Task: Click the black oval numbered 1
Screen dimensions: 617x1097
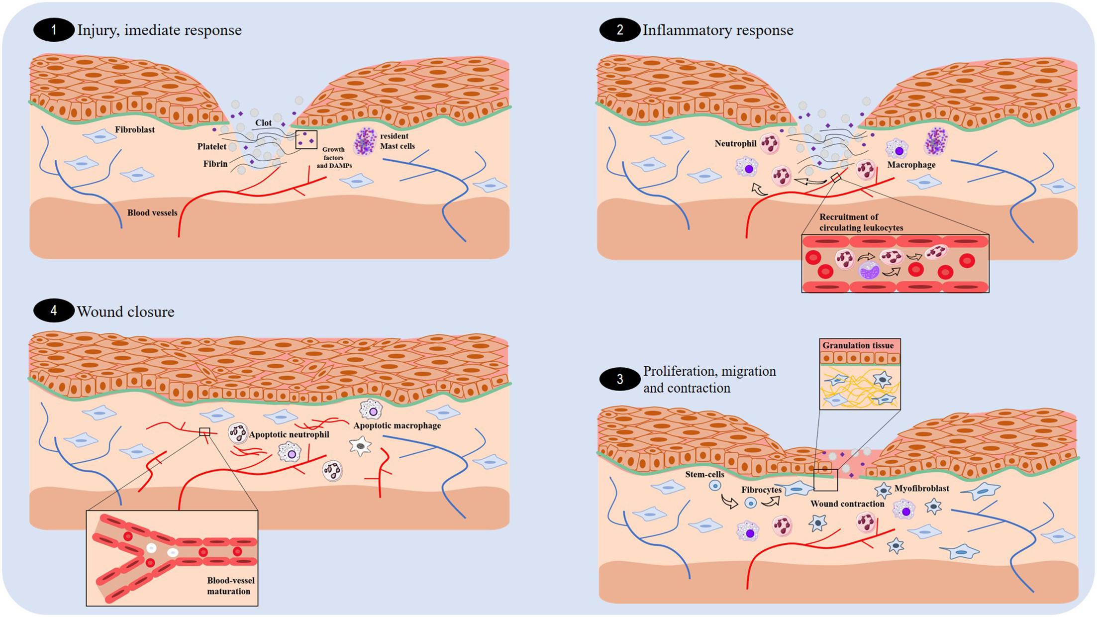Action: point(53,30)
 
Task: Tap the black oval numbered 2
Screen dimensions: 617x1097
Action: point(619,30)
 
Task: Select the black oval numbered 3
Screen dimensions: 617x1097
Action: point(619,380)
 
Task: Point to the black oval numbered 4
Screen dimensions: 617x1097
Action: point(53,311)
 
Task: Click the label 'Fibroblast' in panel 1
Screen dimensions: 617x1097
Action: point(135,130)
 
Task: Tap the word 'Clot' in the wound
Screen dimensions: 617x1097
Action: point(263,123)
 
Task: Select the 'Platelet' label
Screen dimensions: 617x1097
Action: point(211,147)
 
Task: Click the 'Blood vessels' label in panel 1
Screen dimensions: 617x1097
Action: point(152,213)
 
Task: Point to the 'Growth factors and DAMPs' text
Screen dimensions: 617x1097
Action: point(334,157)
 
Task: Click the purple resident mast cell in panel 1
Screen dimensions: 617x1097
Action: point(365,141)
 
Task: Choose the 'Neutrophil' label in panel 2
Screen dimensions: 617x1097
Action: point(735,144)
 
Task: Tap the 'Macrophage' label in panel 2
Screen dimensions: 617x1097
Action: point(911,165)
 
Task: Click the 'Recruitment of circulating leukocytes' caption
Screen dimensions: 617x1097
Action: point(861,222)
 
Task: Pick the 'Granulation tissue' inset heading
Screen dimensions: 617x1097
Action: point(858,345)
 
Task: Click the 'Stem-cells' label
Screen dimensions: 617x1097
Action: point(704,475)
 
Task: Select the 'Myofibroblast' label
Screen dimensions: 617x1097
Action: point(921,489)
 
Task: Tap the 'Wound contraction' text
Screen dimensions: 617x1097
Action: point(847,504)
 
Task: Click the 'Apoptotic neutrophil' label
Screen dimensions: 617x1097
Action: point(289,435)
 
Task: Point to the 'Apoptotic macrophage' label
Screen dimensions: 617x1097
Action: point(397,426)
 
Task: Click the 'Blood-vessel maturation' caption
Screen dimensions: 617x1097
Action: point(229,586)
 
